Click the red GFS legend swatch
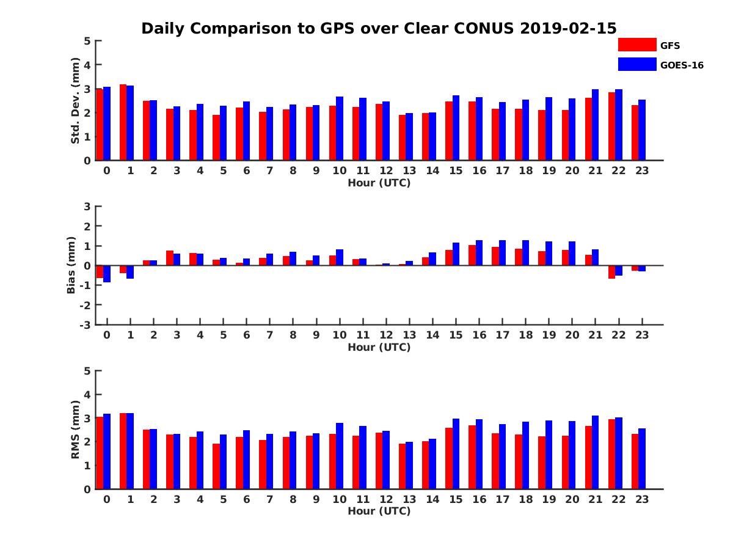coord(636,45)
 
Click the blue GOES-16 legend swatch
coord(636,64)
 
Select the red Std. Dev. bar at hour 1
coord(123,122)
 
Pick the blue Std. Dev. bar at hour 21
coord(595,125)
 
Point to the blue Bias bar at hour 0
coord(107,274)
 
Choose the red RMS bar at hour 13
coord(402,466)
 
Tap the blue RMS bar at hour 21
coord(595,452)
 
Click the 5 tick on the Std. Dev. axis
coord(88,41)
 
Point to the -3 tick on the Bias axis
coord(86,325)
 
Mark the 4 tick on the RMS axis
coord(88,395)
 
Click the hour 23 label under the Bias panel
coord(641,335)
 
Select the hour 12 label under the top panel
coord(385,170)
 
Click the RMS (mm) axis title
coord(75,429)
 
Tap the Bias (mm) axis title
coord(71,265)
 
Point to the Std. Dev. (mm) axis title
coord(75,101)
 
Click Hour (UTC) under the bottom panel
coord(379,511)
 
